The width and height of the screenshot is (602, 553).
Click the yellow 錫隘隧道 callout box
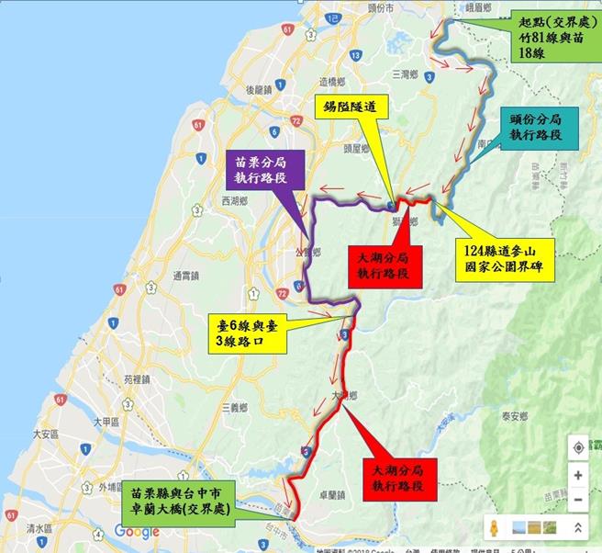[x=350, y=107]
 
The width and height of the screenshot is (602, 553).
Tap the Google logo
[x=137, y=532]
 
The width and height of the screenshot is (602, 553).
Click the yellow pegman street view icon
[x=495, y=528]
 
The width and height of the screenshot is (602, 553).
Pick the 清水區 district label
[x=40, y=528]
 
